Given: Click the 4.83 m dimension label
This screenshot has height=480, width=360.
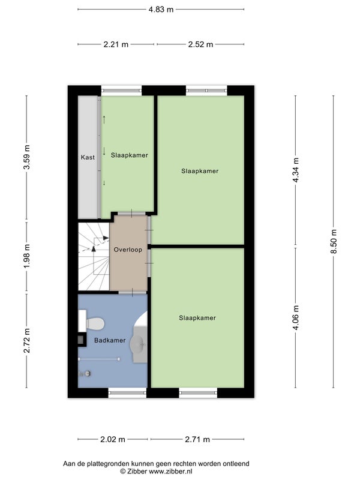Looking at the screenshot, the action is point(161,10).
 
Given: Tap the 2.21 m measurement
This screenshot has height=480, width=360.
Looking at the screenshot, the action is point(116,44).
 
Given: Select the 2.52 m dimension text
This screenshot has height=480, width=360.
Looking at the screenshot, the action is point(200,44).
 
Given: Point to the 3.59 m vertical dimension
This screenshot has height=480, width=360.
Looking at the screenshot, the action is point(27,157).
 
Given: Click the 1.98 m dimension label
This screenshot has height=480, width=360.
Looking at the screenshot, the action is point(27,256).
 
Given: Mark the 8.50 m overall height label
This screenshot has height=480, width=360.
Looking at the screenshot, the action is point(334,241).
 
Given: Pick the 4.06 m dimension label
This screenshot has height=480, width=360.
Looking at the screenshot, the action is point(296,318).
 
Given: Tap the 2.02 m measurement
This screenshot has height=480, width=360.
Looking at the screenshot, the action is point(113,439).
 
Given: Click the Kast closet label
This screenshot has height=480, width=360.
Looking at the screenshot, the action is point(88,157).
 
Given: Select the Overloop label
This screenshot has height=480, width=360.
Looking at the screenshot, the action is point(128,250).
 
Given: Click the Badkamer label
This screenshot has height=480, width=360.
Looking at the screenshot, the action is point(110,340).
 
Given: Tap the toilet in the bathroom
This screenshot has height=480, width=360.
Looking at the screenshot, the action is point(92,323).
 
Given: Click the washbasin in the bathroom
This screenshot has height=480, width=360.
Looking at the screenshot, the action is point(139,344).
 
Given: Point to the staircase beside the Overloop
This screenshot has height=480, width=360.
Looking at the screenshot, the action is point(94,256).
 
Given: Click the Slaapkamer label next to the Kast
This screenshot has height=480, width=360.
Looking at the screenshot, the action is point(130,155).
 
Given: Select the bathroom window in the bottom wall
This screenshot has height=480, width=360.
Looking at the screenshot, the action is point(127,393).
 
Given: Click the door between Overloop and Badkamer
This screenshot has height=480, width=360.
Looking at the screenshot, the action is point(132,292).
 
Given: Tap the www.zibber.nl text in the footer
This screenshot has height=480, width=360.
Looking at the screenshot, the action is point(170,472).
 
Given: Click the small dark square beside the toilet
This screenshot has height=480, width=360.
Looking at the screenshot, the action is point(81,339).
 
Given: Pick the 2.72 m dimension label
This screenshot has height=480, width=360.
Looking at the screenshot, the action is point(27,340).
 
